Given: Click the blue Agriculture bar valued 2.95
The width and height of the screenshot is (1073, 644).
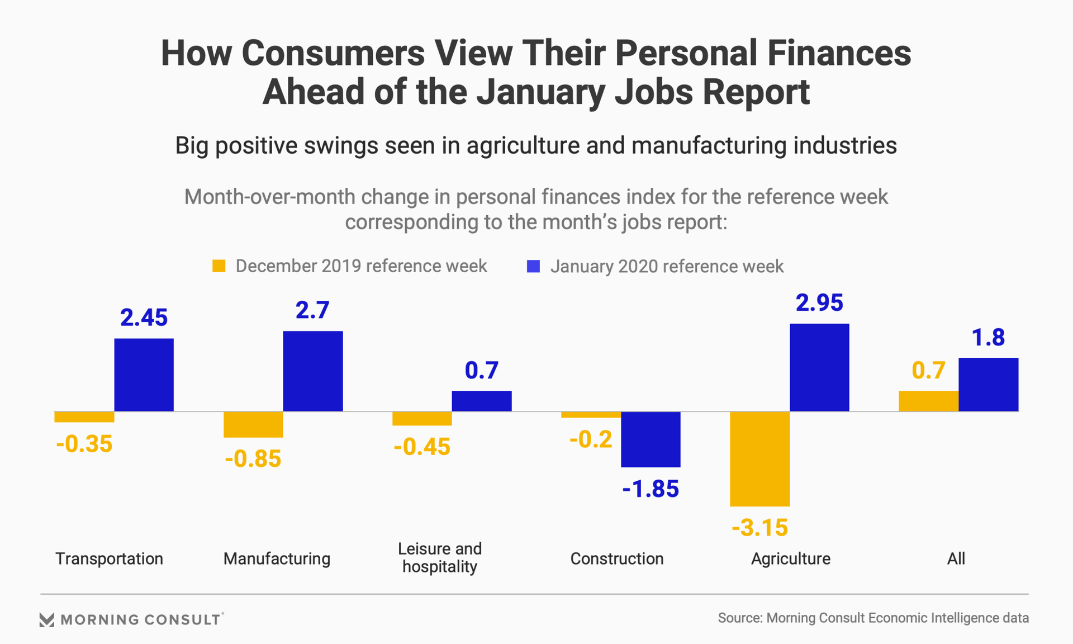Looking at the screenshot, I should (x=819, y=367).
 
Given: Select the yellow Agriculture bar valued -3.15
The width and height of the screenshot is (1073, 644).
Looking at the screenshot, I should (x=759, y=459).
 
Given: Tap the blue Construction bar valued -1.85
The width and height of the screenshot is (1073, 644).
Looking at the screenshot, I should (x=651, y=439).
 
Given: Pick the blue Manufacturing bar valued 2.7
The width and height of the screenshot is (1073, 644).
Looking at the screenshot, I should (x=313, y=371).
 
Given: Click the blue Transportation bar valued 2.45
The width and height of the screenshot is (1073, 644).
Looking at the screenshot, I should (x=144, y=375).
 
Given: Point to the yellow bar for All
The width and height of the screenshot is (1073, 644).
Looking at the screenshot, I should (x=928, y=401).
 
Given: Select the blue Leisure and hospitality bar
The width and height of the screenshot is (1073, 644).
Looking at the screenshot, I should (x=482, y=401).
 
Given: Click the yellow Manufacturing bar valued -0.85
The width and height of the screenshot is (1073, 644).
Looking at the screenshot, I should (x=253, y=425).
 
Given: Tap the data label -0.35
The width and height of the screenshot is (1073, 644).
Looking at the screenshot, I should (x=84, y=444).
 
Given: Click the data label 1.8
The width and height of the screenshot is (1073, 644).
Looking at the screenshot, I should (x=988, y=338).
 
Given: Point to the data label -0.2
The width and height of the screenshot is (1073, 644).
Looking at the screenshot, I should (x=591, y=439).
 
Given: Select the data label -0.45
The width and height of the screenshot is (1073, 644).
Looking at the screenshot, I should (x=422, y=447).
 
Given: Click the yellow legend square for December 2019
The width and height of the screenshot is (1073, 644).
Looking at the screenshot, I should (x=219, y=266).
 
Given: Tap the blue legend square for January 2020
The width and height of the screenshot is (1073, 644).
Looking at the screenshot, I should (x=534, y=266).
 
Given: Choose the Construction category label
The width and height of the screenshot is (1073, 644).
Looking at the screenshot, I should (x=617, y=558).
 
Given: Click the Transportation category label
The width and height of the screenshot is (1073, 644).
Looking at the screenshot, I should (x=109, y=558).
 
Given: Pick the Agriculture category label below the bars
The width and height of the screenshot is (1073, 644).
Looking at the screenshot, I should (x=791, y=558).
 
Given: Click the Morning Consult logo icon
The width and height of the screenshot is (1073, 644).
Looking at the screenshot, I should (x=47, y=619).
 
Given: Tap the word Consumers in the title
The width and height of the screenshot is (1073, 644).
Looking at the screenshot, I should (x=333, y=53).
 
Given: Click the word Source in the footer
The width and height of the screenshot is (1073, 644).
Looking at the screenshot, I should (x=739, y=618).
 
